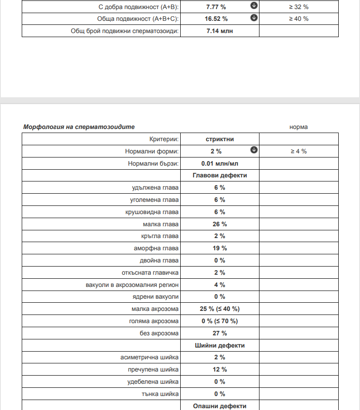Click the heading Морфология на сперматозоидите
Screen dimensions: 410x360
tap(79, 127)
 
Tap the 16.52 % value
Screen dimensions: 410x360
tap(217, 19)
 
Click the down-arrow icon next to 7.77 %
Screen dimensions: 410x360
tap(254, 6)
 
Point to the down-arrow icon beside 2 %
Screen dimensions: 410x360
tap(254, 150)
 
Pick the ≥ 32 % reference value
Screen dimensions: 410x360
tap(299, 7)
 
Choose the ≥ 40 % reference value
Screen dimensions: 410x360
tap(299, 19)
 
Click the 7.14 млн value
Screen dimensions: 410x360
tap(220, 31)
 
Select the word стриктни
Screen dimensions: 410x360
tap(220, 139)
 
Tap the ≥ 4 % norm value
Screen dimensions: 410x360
tap(299, 151)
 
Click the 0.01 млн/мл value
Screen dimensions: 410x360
tap(220, 163)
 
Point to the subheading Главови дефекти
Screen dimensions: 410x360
tap(220, 176)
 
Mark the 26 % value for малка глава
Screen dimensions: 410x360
tap(220, 224)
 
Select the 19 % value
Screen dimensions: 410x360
tap(220, 248)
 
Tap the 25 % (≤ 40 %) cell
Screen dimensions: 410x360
tap(220, 309)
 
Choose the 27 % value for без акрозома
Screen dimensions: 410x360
tap(220, 334)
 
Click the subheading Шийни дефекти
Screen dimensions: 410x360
tap(220, 345)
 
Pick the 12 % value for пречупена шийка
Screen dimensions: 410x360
tap(220, 370)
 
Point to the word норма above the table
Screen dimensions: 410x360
tap(298, 127)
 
